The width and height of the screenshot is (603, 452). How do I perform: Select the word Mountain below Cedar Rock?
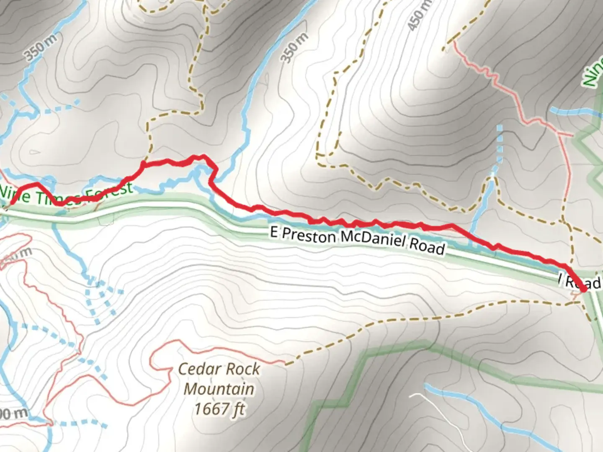pos(219,389)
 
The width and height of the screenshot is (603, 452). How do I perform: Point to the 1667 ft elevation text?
pos(219,408)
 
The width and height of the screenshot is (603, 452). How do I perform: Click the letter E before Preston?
pos(274,232)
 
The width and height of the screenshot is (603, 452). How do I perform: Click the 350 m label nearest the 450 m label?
pos(295,47)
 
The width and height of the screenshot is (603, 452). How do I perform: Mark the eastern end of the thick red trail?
pos(583,288)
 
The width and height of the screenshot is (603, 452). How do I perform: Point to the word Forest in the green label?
pos(109,193)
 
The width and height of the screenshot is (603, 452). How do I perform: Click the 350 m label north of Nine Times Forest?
pos(41,49)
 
